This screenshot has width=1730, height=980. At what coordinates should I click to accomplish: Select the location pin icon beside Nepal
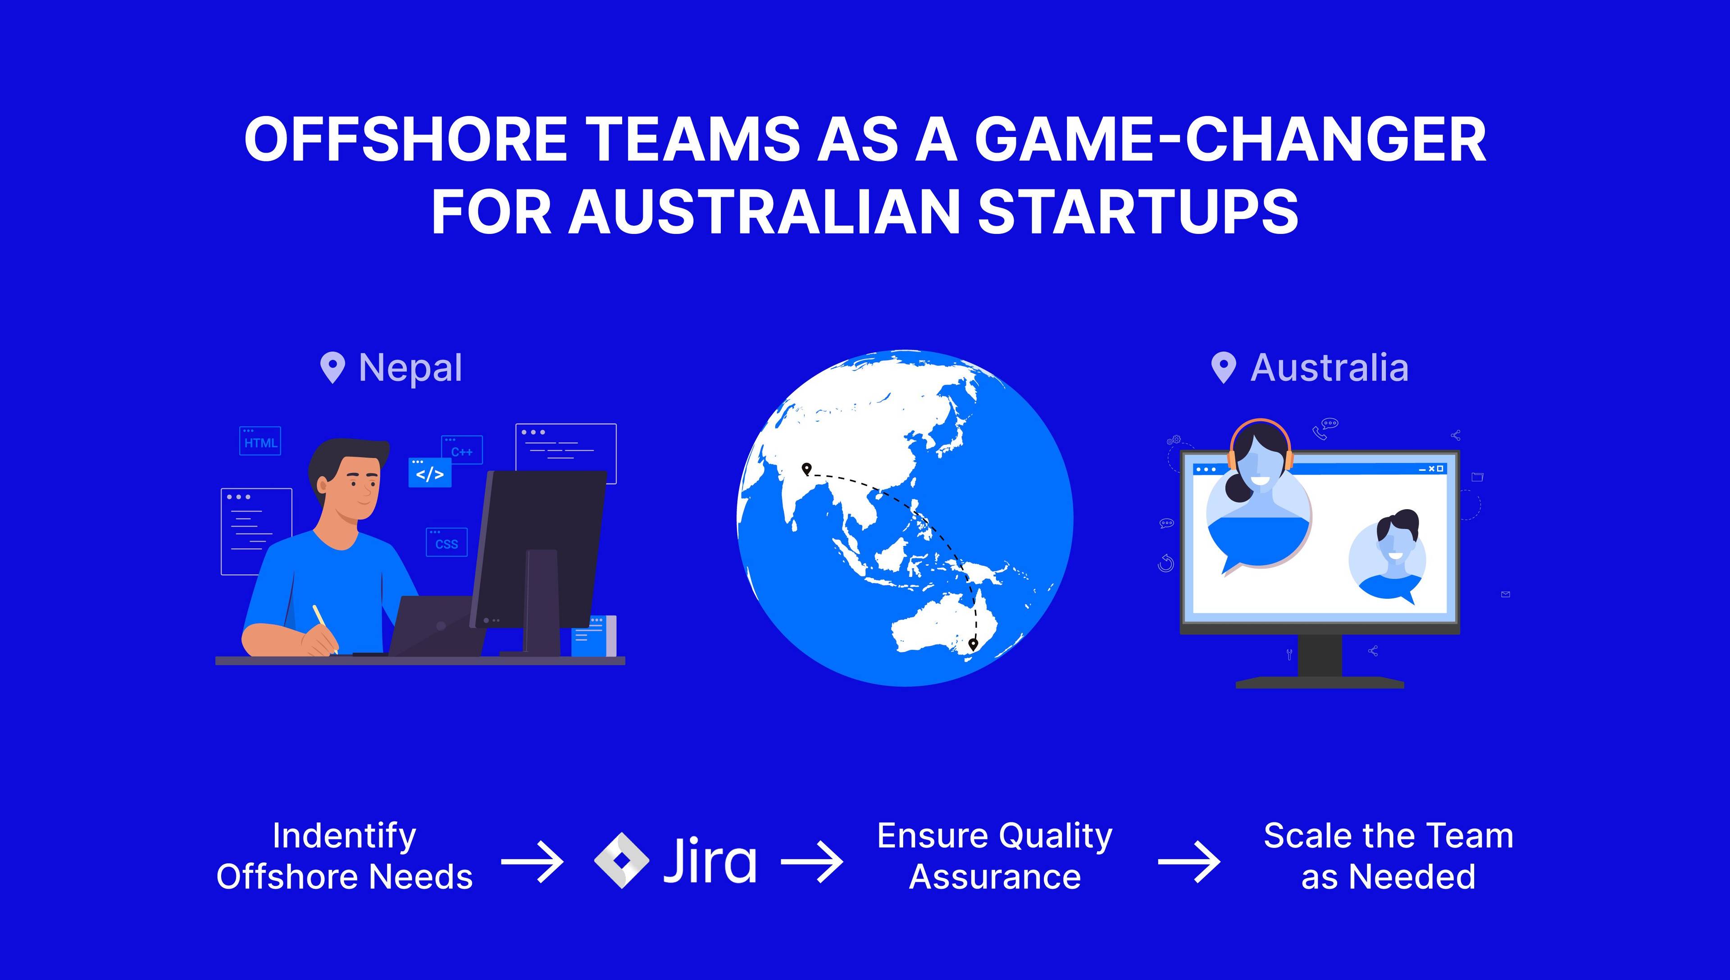click(332, 368)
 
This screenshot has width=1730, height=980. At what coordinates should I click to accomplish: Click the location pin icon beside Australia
click(1223, 368)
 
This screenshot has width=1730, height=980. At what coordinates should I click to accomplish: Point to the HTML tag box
click(260, 441)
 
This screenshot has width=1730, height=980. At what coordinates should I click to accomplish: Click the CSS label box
click(446, 542)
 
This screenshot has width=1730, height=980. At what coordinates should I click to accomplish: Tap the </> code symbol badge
click(429, 473)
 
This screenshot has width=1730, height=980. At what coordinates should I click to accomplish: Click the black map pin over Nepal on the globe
click(806, 469)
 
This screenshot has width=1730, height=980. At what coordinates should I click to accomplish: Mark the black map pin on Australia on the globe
click(972, 644)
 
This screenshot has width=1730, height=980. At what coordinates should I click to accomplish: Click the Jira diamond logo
click(622, 860)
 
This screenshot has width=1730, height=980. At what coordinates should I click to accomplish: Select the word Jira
click(710, 860)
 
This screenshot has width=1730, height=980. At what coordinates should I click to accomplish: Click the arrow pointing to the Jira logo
click(532, 861)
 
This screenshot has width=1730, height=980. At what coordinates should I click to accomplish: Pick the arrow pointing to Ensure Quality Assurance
click(811, 861)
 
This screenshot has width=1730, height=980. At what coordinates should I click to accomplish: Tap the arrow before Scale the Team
click(1188, 861)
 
